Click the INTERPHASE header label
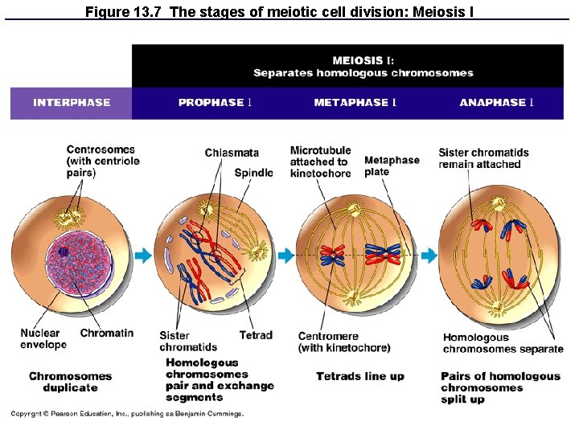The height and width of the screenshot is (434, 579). (x=72, y=103)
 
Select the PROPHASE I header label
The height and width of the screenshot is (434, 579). (x=216, y=103)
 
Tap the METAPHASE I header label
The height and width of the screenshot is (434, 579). (x=355, y=103)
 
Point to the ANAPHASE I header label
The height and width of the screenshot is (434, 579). (x=496, y=103)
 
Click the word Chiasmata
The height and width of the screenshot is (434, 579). (x=232, y=153)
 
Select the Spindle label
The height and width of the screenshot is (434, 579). (x=253, y=173)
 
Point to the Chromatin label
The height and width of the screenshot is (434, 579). (x=107, y=334)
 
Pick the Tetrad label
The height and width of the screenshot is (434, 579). (x=256, y=335)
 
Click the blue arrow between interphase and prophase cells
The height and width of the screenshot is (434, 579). (x=142, y=256)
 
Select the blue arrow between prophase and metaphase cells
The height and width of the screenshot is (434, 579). (x=285, y=256)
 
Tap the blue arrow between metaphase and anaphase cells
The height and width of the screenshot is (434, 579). (x=429, y=256)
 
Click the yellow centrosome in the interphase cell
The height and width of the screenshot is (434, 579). (x=69, y=216)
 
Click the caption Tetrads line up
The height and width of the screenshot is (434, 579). (x=360, y=376)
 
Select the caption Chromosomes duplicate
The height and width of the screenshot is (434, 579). (x=70, y=382)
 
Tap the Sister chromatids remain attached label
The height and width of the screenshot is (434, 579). (x=483, y=158)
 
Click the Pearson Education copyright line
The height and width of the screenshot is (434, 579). (x=126, y=414)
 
